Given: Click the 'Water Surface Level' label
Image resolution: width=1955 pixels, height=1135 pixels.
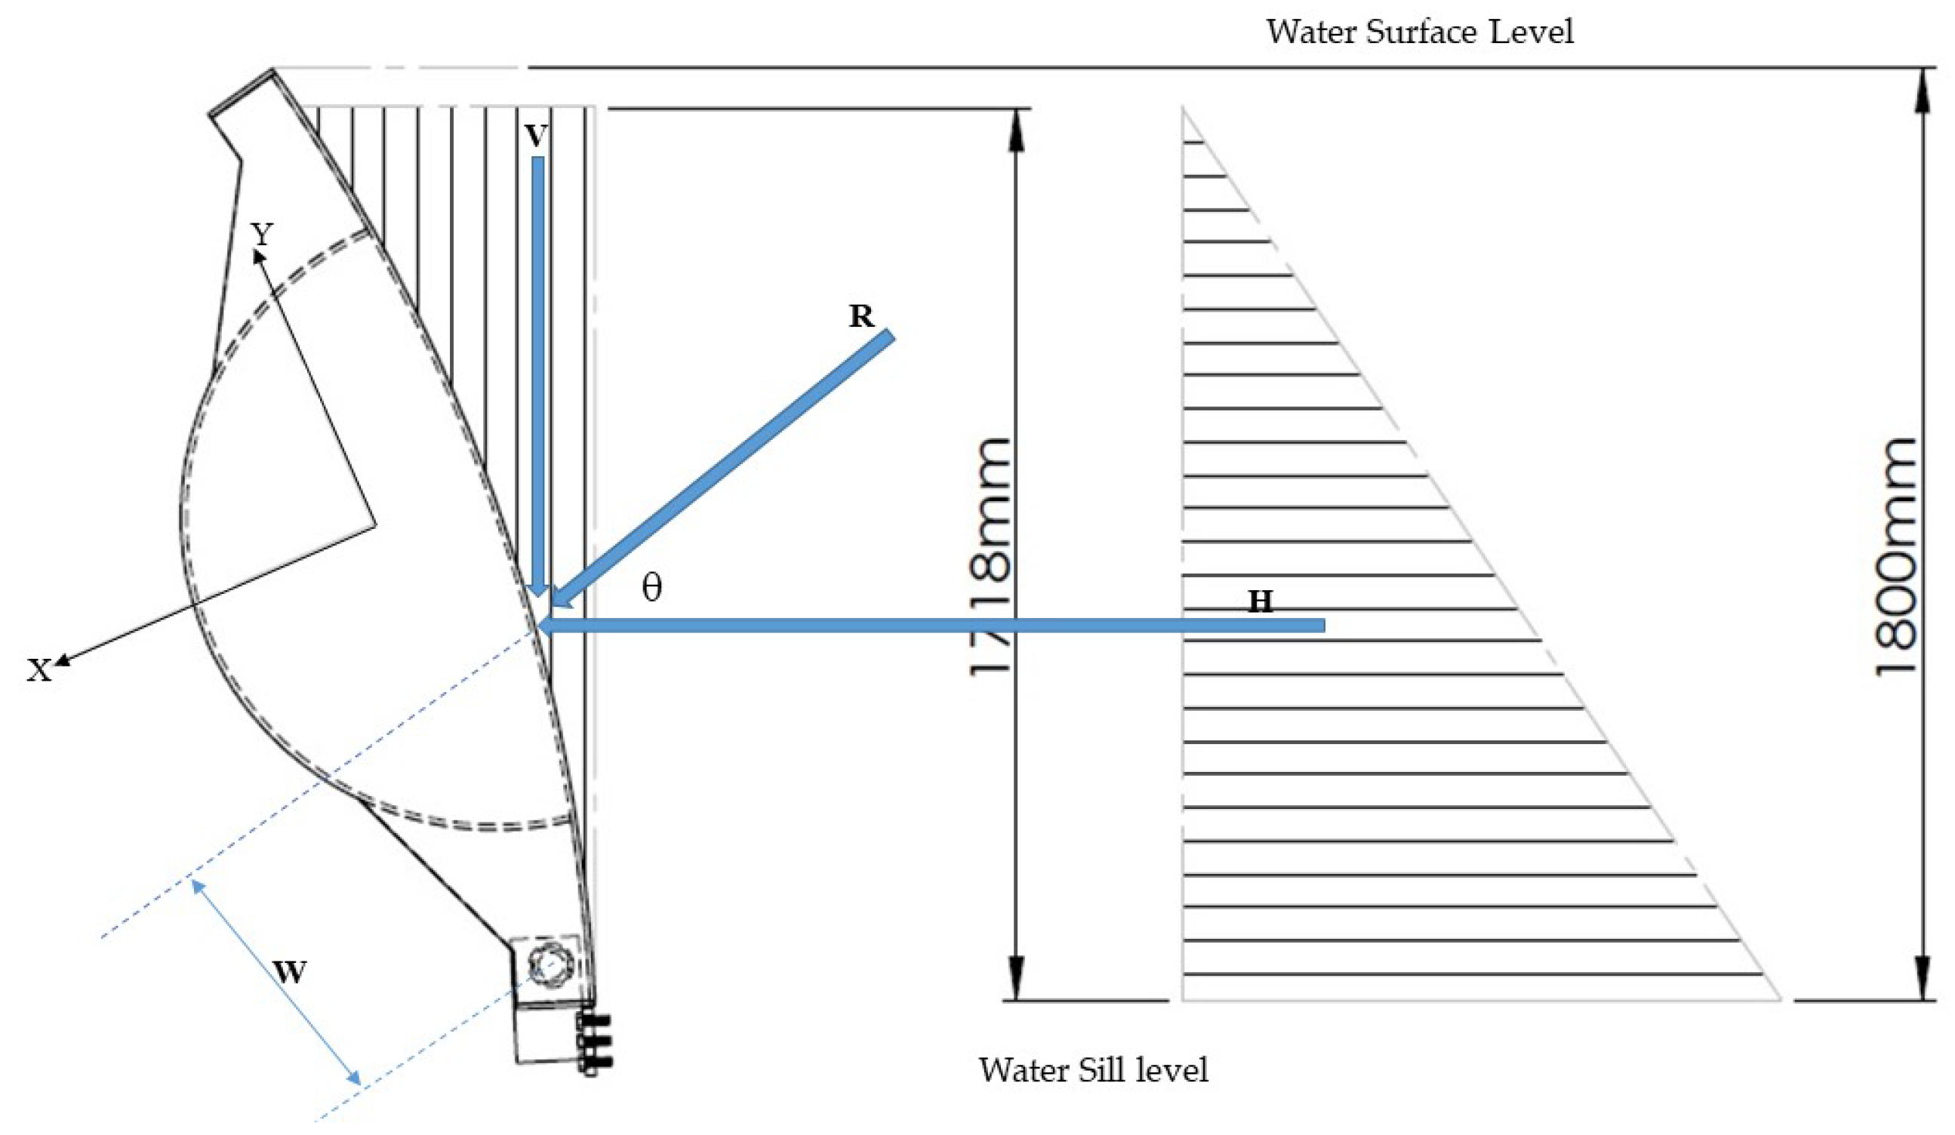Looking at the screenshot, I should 1420,32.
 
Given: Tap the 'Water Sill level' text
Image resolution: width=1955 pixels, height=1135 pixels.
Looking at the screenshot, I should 1093,1070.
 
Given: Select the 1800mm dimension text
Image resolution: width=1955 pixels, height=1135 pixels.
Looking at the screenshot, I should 1895,556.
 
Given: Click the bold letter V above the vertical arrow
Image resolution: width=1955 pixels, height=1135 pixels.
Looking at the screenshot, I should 536,137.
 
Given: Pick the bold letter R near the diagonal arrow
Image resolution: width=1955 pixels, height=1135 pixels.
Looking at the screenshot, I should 861,316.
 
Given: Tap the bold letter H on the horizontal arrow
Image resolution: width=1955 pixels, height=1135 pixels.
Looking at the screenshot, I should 1260,602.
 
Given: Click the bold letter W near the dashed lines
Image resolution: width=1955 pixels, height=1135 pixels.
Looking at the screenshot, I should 289,971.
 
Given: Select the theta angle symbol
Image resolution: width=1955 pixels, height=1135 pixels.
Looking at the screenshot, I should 651,588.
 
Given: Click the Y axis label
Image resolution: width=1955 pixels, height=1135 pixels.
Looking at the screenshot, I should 263,233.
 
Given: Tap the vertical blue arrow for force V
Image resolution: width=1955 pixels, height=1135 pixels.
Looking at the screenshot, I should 537,372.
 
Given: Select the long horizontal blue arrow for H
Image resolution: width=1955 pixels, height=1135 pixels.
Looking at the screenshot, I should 931,626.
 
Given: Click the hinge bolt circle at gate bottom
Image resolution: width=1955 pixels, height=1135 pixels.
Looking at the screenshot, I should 546,966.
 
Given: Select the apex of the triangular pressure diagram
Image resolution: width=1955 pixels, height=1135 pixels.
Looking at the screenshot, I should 1182,109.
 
